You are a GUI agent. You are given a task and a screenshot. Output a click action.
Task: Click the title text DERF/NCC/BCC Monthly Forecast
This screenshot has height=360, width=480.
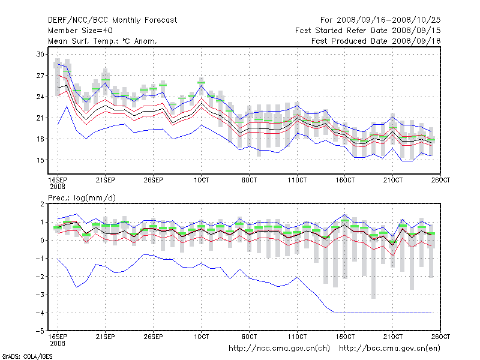point(112,20)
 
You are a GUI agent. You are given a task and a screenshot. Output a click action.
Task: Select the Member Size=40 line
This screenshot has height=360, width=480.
point(80,31)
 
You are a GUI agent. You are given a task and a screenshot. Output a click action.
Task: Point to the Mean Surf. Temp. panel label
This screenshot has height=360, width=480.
point(103,41)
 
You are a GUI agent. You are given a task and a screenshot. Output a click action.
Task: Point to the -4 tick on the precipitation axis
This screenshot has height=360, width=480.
point(41,313)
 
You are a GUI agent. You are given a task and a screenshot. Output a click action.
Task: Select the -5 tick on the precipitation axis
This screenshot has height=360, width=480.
point(41,331)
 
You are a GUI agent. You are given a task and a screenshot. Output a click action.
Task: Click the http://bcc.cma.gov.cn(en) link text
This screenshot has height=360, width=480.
point(390,348)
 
